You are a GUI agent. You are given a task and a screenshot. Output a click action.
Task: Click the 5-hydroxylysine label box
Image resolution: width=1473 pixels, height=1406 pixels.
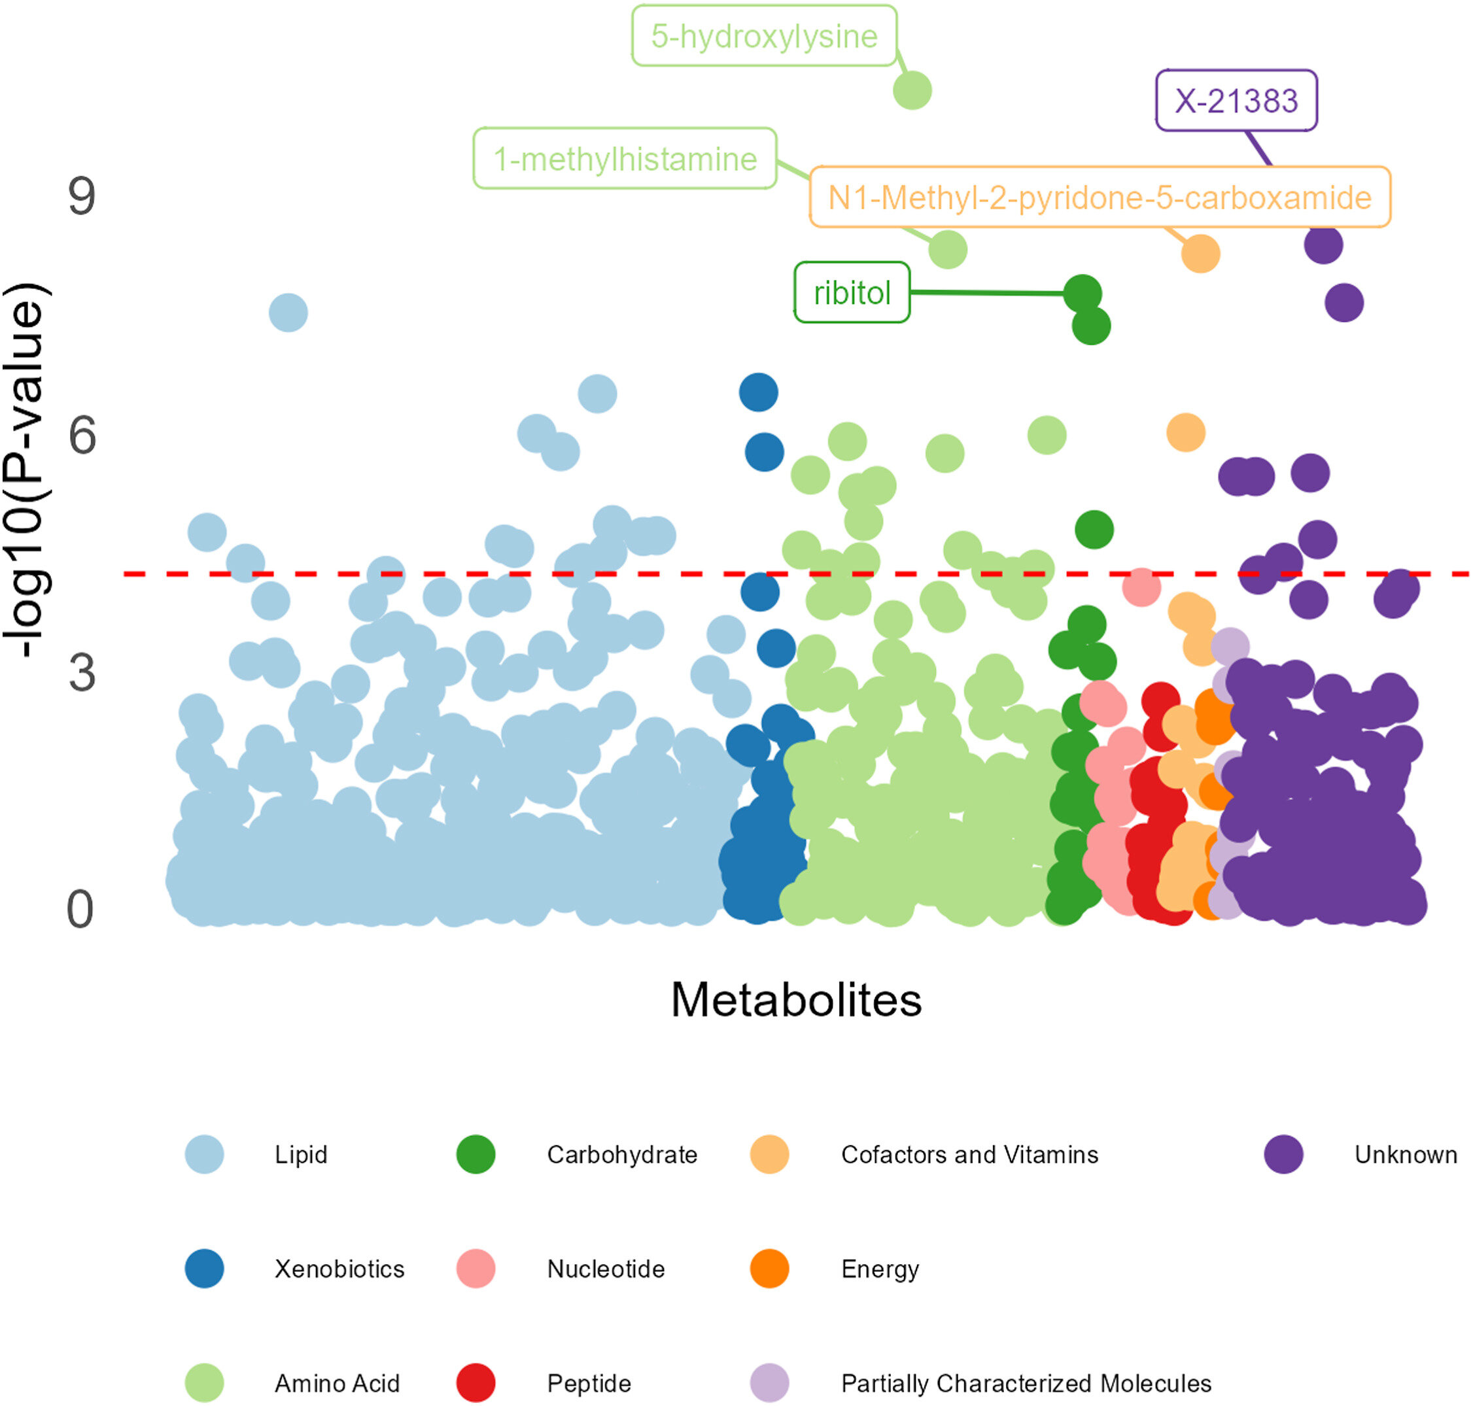click(x=763, y=36)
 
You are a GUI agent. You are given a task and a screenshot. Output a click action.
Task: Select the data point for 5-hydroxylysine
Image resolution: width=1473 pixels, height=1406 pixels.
click(x=912, y=91)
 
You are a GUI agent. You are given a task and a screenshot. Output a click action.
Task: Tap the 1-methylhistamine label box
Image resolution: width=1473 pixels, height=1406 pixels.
click(x=624, y=158)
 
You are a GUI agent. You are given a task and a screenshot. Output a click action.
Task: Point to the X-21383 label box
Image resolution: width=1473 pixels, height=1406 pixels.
click(x=1236, y=101)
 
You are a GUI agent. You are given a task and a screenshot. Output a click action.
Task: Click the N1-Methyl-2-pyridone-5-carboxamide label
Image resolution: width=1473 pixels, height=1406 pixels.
click(x=1099, y=197)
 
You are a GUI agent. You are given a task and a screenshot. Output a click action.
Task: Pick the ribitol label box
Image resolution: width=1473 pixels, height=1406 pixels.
click(x=852, y=292)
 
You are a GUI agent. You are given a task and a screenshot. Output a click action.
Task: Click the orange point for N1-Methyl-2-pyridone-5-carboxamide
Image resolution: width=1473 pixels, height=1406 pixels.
click(x=1200, y=253)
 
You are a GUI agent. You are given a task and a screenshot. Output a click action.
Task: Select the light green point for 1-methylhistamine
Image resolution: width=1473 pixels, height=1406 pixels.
click(x=948, y=249)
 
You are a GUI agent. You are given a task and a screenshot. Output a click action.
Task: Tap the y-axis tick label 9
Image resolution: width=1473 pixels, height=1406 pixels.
click(x=82, y=197)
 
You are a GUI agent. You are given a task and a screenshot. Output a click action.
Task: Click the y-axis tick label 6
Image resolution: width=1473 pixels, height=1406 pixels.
click(x=82, y=436)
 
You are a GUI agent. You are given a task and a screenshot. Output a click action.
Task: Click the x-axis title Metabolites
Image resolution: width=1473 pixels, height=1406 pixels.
click(x=795, y=1000)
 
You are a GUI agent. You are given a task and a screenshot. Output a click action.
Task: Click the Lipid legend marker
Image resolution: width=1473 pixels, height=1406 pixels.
click(x=204, y=1154)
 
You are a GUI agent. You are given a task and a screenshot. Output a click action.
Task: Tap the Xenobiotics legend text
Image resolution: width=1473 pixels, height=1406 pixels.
click(x=339, y=1269)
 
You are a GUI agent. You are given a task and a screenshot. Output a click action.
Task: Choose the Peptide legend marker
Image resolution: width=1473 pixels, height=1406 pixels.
click(x=476, y=1382)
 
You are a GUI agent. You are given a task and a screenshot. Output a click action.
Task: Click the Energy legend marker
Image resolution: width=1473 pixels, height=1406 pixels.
click(x=769, y=1269)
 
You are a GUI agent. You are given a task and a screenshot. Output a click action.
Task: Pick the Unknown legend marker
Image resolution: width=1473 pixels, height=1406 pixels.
click(x=1283, y=1154)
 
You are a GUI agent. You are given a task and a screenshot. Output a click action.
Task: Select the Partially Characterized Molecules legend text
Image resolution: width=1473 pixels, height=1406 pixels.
click(x=1026, y=1382)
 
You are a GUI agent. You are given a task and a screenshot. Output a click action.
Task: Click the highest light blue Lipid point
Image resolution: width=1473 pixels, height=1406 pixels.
click(x=288, y=313)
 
